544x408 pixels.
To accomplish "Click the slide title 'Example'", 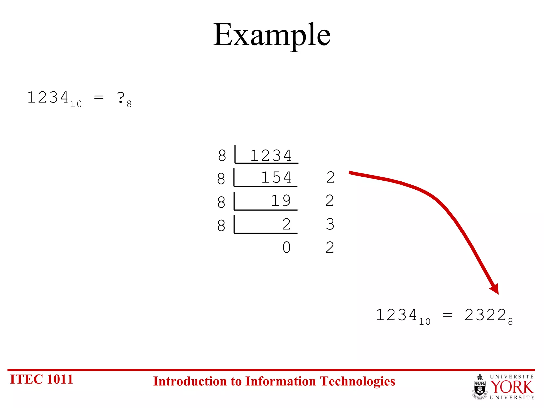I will pos(272,35).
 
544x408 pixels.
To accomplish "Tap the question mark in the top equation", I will pos(121,97).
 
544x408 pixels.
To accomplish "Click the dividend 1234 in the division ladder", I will pos(271,156).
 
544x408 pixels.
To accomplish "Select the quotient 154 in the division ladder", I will pos(276,177).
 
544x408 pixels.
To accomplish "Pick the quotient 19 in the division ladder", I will pos(281,201).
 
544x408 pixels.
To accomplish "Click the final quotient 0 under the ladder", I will pos(286,248).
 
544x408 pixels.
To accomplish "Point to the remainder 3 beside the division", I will pos(330,224).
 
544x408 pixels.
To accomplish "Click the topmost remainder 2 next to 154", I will pos(330,177).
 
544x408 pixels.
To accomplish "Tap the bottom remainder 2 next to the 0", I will pos(330,248).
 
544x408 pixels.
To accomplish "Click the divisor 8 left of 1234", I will pos(222,156).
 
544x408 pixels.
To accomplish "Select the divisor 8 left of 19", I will pos(221,202).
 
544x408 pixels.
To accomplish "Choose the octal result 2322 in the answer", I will pos(485,315).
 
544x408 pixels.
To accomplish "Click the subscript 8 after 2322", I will pos(510,322).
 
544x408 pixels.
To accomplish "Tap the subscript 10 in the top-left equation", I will pos(76,104).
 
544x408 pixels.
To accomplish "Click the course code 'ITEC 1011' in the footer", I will pos(41,379).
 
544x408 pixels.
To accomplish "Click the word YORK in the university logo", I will pos(512,387).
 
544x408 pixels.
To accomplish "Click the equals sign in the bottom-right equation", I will pos(447,316).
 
